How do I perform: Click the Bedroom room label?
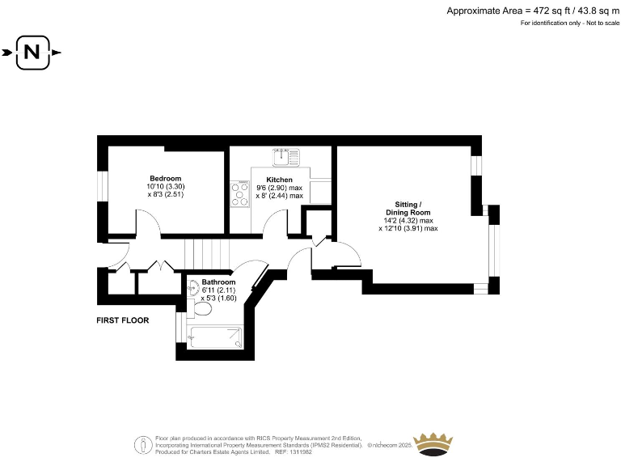(x=165, y=178)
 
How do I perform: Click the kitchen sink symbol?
(x=285, y=153)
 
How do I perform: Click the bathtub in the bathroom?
(x=215, y=337)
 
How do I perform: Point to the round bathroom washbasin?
(x=194, y=286)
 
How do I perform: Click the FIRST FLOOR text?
(x=123, y=320)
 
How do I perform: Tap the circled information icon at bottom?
(x=143, y=443)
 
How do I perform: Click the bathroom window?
(x=179, y=328)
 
